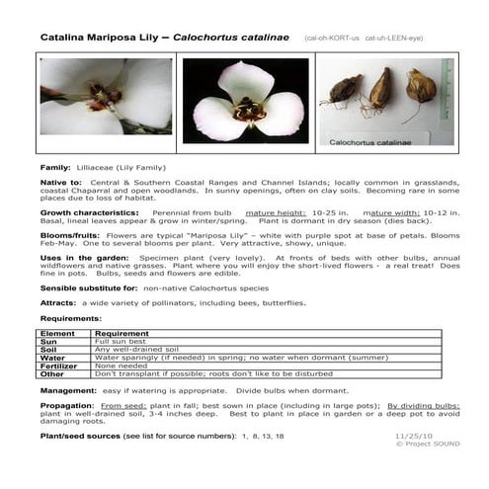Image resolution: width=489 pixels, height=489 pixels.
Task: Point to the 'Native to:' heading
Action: [61, 184]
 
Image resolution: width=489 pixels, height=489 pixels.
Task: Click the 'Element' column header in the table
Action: [58, 335]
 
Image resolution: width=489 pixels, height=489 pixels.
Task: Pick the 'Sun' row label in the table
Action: [51, 344]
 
